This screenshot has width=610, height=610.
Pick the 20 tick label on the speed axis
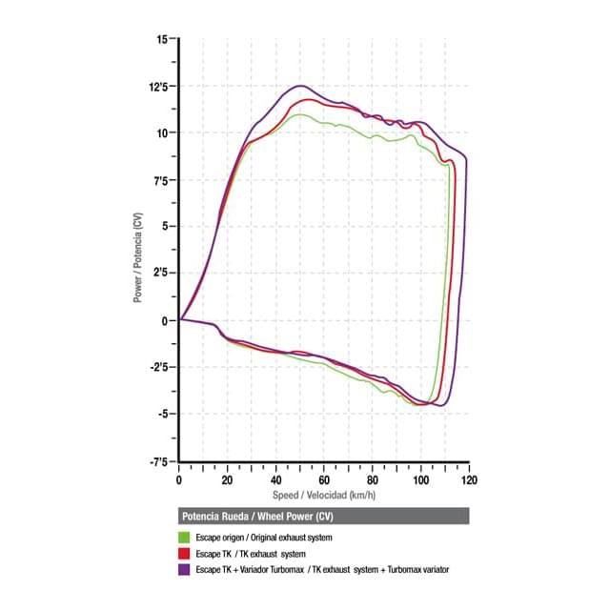[x=228, y=481]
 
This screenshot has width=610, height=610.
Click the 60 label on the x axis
[x=324, y=481]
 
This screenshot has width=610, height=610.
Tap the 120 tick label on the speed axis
[x=468, y=481]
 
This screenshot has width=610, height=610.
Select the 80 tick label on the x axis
[x=373, y=481]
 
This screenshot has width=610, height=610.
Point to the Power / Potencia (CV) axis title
[x=139, y=252]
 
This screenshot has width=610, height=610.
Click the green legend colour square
[x=185, y=539]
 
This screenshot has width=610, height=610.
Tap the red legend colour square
[x=185, y=554]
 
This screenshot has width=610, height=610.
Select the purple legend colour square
[x=185, y=569]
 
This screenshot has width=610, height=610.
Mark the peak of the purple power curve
[x=302, y=86]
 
